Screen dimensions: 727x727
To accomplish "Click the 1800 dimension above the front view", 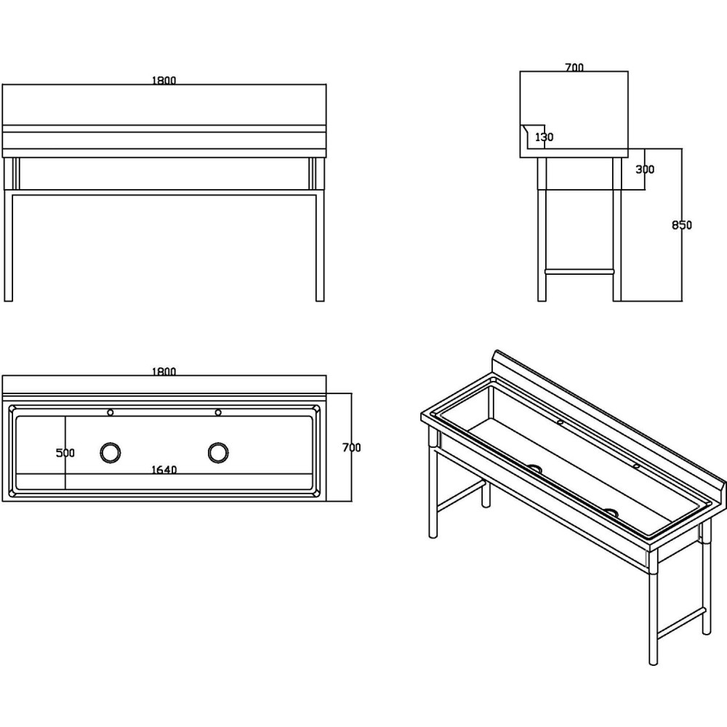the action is pyautogui.click(x=164, y=80).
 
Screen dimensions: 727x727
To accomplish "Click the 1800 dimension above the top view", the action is pyautogui.click(x=164, y=371).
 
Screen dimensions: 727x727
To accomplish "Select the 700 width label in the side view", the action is pyautogui.click(x=574, y=67).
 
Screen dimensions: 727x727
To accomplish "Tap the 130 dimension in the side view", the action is pyautogui.click(x=545, y=137).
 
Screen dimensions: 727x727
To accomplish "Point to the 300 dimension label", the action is pyautogui.click(x=645, y=169).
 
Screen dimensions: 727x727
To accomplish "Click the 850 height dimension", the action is pyautogui.click(x=682, y=225).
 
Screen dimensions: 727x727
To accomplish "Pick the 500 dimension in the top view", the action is pyautogui.click(x=65, y=452).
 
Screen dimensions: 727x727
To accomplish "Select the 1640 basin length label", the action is pyautogui.click(x=164, y=470).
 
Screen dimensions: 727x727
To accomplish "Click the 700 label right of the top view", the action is pyautogui.click(x=351, y=447).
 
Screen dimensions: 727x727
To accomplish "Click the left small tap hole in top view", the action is pyautogui.click(x=111, y=412).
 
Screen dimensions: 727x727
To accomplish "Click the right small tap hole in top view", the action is pyautogui.click(x=218, y=412).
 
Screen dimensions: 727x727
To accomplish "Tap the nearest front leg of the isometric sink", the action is pyautogui.click(x=653, y=607).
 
